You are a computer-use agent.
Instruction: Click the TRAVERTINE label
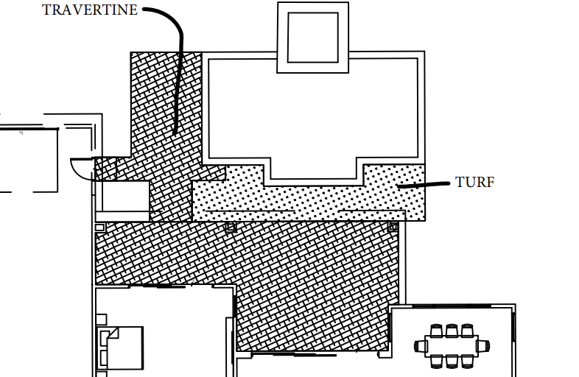click(90, 10)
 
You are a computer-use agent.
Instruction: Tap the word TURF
click(475, 183)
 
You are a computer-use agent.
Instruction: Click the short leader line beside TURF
click(424, 185)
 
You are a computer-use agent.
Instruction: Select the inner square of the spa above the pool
click(313, 38)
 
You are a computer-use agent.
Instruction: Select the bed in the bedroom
click(120, 348)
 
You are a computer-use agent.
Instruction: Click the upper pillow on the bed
click(105, 338)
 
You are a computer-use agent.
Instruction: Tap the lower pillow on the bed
click(104, 358)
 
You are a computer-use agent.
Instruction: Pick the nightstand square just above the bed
click(102, 320)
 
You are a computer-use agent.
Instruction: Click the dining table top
click(452, 346)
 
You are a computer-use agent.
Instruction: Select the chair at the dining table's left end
click(420, 346)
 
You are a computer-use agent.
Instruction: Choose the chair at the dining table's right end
click(483, 346)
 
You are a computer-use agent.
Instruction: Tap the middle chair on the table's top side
click(452, 331)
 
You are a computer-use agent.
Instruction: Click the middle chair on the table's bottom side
click(452, 362)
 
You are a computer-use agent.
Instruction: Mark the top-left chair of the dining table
click(436, 331)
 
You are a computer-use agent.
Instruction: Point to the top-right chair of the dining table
click(467, 331)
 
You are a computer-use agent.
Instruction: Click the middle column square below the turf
click(231, 227)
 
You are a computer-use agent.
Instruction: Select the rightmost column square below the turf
click(393, 227)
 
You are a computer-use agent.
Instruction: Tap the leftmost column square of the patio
click(100, 228)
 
